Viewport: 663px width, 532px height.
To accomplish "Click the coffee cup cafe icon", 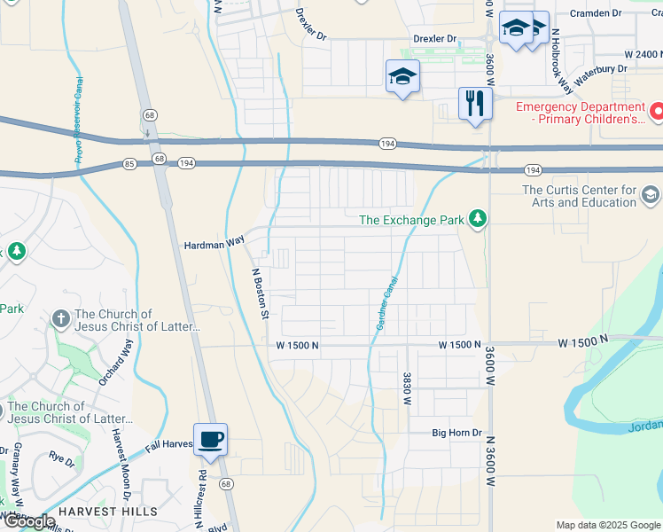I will pyautogui.click(x=211, y=439).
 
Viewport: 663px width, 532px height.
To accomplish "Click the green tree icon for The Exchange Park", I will pyautogui.click(x=478, y=219).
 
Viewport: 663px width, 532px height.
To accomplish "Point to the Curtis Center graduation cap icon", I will pyautogui.click(x=650, y=194).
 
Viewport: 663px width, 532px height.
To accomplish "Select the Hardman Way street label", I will pyautogui.click(x=214, y=243).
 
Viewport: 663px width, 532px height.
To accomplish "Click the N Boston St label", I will pyautogui.click(x=260, y=293).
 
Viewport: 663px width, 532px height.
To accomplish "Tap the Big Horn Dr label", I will pyautogui.click(x=456, y=433).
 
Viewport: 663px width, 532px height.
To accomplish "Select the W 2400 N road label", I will pyautogui.click(x=637, y=54).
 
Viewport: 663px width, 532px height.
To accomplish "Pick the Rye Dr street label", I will pyautogui.click(x=61, y=458).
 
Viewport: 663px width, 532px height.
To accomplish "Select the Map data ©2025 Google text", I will pyautogui.click(x=608, y=525).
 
